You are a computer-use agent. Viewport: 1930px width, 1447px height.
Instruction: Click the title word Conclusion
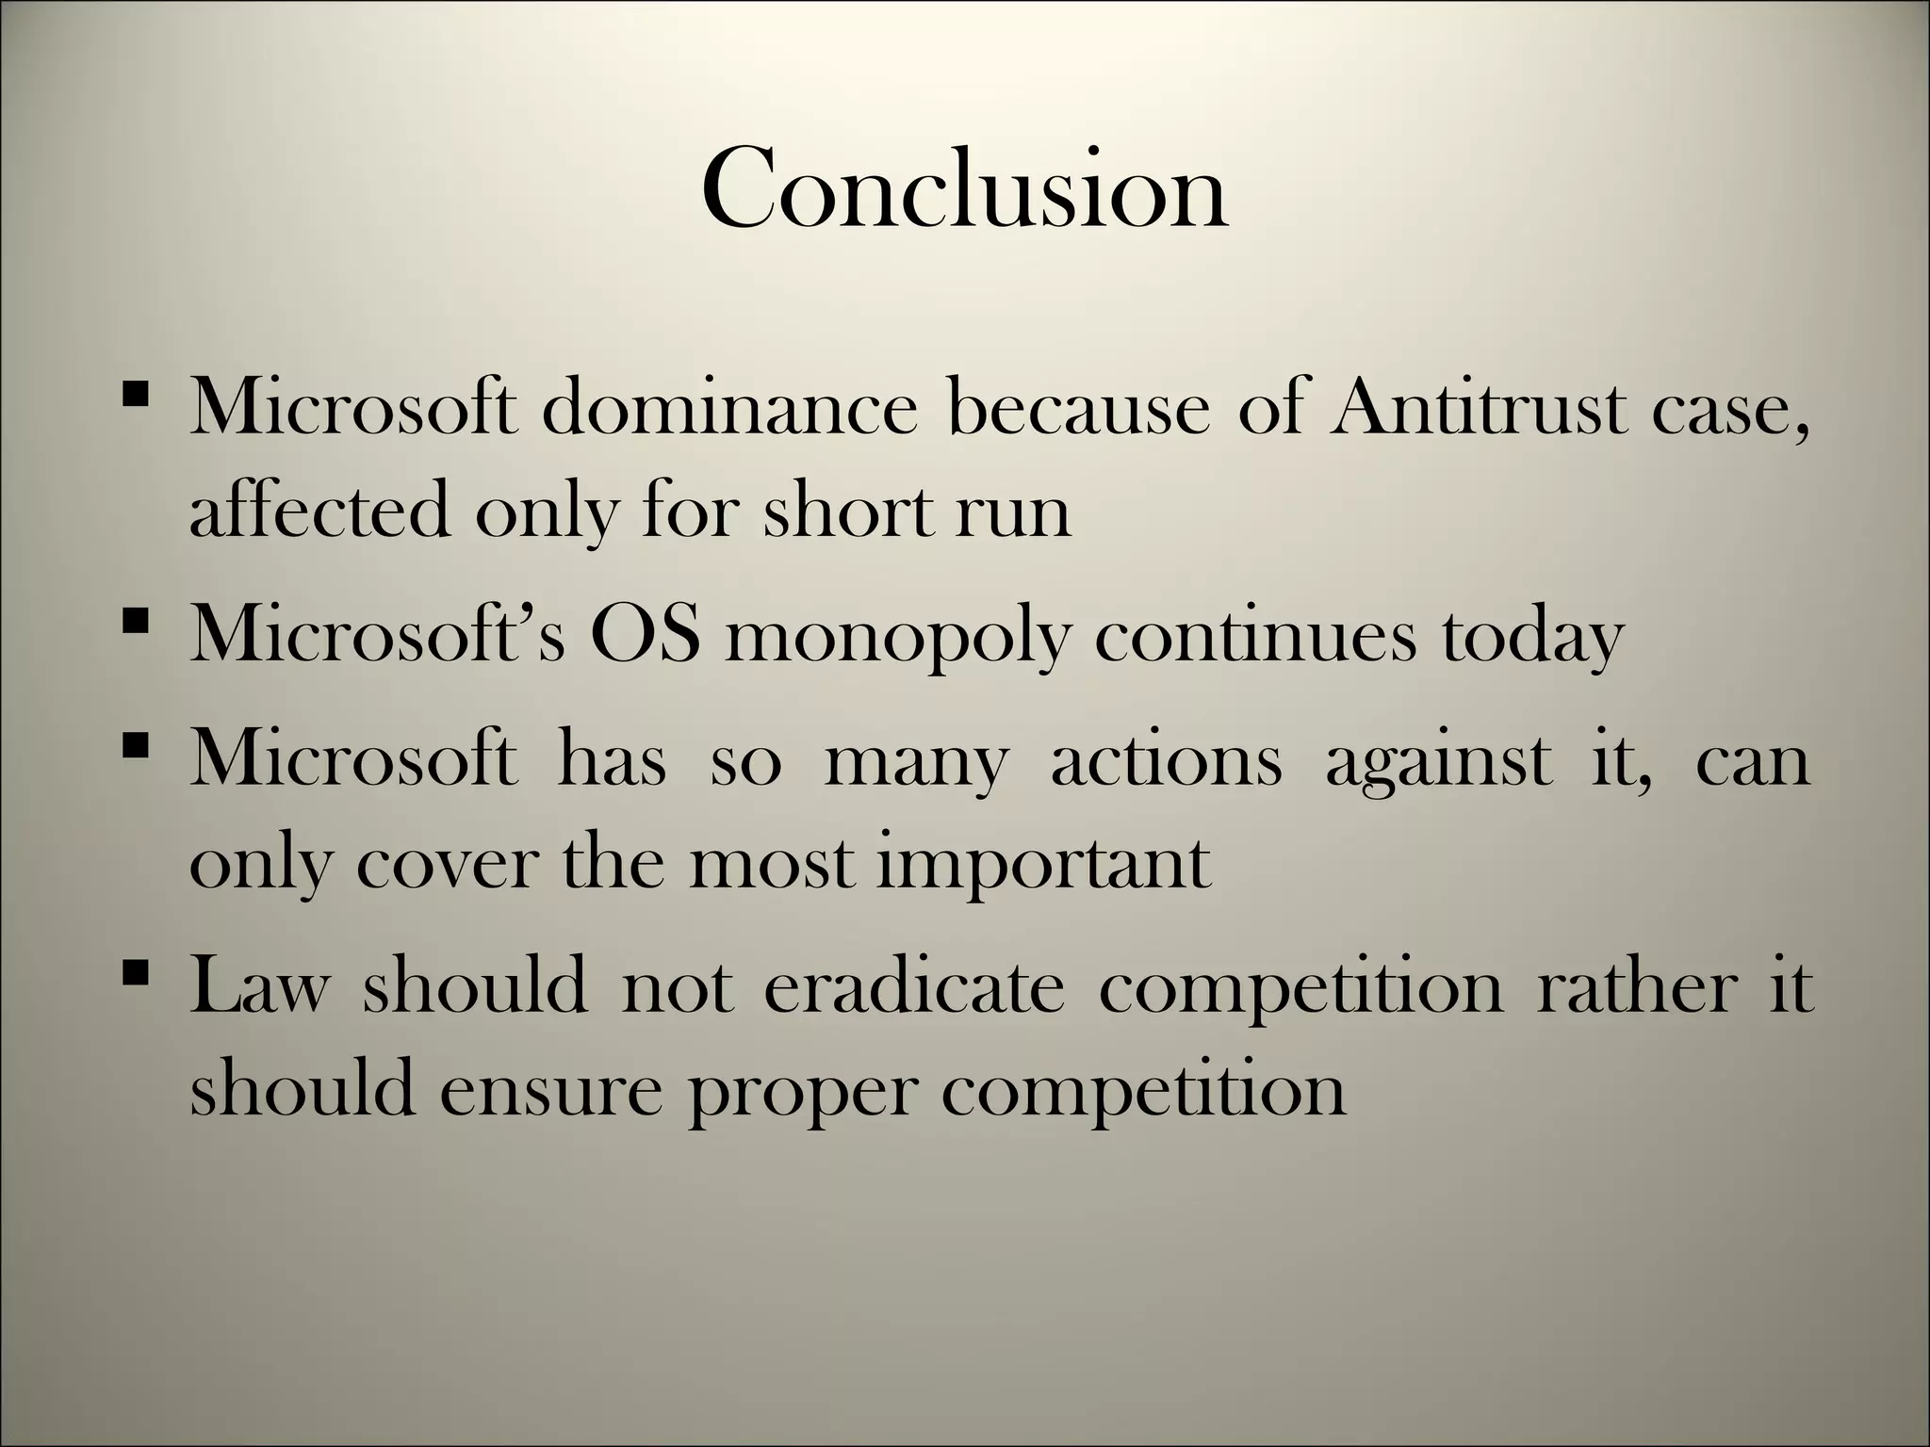pos(964,188)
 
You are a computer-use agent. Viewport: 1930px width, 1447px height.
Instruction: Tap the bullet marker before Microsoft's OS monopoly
pos(136,621)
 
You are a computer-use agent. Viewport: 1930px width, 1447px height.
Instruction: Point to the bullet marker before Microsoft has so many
pos(136,745)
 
